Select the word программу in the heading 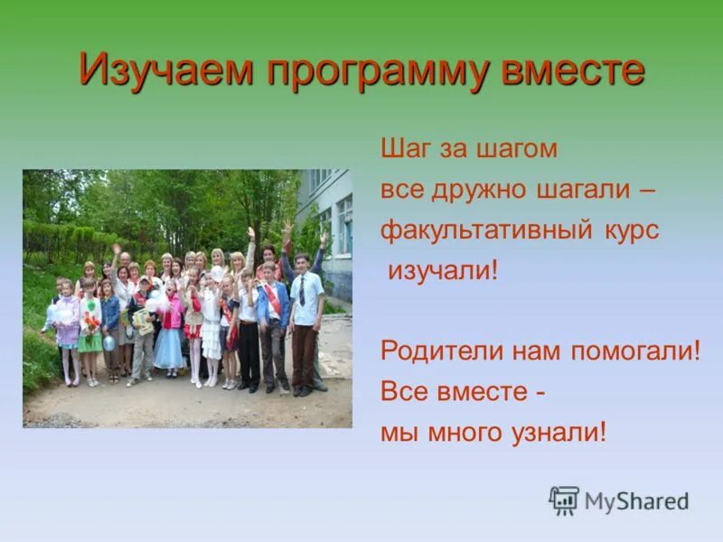380,70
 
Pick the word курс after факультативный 629,230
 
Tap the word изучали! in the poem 443,270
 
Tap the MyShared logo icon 564,500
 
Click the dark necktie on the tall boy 302,291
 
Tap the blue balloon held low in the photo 109,342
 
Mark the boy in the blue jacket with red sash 272,316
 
